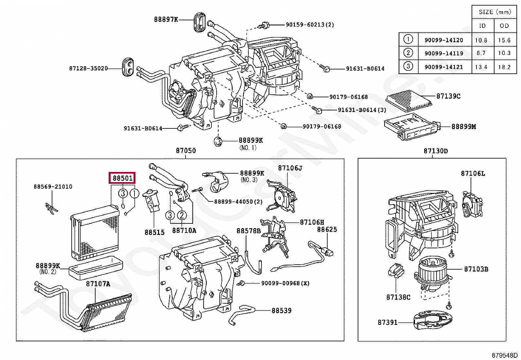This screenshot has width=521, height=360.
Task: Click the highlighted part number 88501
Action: [x=122, y=178]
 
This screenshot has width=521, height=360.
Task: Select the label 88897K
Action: [x=166, y=19]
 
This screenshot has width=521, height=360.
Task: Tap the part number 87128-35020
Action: [x=88, y=68]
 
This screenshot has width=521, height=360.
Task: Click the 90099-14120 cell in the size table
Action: [x=444, y=40]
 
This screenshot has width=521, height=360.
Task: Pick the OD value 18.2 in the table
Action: [x=504, y=67]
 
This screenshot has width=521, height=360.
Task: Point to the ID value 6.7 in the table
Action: [x=481, y=53]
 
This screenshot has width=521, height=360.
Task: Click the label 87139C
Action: [x=448, y=96]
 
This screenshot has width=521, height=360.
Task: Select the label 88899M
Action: [x=463, y=127]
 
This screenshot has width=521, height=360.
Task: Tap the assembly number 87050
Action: [x=186, y=151]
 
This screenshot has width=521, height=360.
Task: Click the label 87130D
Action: [x=436, y=151]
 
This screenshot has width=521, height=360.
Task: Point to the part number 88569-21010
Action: [x=53, y=186]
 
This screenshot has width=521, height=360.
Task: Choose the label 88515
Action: [x=154, y=232]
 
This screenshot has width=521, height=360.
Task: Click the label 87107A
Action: [x=98, y=284]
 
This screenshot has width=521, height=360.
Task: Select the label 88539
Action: [x=281, y=311]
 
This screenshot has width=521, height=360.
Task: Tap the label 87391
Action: [x=387, y=323]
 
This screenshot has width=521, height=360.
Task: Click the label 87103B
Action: [x=476, y=269]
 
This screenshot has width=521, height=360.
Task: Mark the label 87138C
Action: [x=398, y=297]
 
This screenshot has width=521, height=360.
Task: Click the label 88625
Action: [x=327, y=230]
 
